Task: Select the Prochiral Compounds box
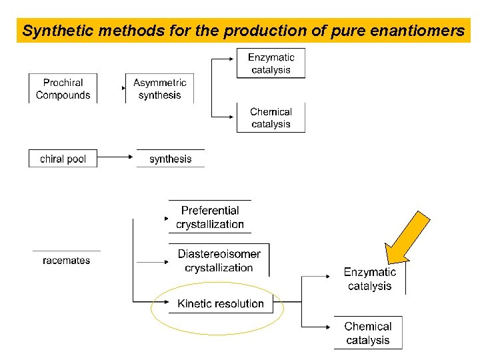pyautogui.click(x=63, y=89)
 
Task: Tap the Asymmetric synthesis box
pyautogui.click(x=159, y=89)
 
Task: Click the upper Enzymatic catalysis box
pyautogui.click(x=271, y=63)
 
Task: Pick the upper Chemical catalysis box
pyautogui.click(x=271, y=118)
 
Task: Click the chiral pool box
pyautogui.click(x=63, y=159)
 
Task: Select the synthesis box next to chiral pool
pyautogui.click(x=170, y=159)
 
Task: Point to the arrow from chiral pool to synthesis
pyautogui.click(x=116, y=158)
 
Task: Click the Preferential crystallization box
pyautogui.click(x=209, y=217)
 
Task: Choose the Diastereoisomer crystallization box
pyautogui.click(x=219, y=261)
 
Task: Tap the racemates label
pyautogui.click(x=66, y=260)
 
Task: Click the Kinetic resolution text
pyautogui.click(x=221, y=303)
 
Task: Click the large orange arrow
pyautogui.click(x=408, y=237)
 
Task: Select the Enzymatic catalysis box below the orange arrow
pyautogui.click(x=369, y=279)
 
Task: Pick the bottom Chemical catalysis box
pyautogui.click(x=368, y=333)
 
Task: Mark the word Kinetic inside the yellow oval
pyautogui.click(x=194, y=303)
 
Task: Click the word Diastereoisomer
pyautogui.click(x=219, y=254)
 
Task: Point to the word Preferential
pyautogui.click(x=209, y=211)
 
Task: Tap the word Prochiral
pyautogui.click(x=63, y=83)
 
